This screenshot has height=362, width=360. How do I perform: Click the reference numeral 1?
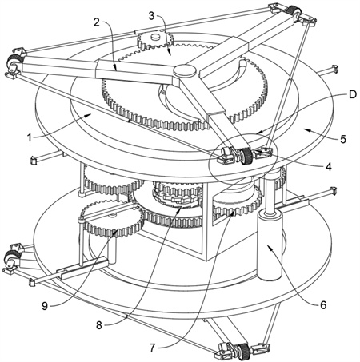(30, 138)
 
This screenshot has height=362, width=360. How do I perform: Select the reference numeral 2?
(96, 22)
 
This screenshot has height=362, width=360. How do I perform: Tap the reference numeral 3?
(151, 16)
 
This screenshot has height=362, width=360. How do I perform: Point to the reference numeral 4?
(329, 167)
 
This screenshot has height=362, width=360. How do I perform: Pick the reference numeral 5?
(343, 139)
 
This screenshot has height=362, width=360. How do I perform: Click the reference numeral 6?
(323, 305)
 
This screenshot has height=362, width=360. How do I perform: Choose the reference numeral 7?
(152, 348)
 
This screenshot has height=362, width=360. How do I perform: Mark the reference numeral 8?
(99, 325)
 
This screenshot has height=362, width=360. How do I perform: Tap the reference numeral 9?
(45, 306)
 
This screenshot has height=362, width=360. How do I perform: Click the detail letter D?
(353, 94)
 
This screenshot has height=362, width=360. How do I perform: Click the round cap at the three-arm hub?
(186, 71)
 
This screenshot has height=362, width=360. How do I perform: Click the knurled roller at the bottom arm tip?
(243, 352)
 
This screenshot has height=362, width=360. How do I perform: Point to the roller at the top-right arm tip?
(294, 12)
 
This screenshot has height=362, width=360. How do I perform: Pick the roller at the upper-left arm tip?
(13, 62)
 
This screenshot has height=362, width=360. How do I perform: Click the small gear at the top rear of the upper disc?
(155, 41)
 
